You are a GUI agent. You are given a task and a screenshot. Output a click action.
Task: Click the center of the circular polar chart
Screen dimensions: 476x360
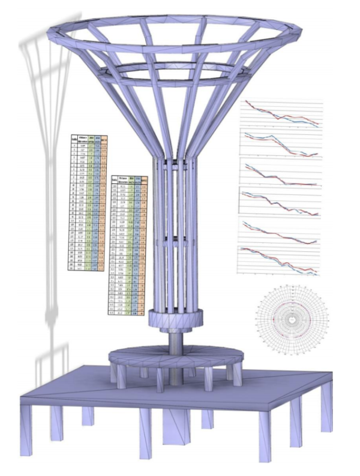[290, 320]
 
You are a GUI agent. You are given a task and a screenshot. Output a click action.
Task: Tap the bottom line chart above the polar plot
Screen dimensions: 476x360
[279, 259]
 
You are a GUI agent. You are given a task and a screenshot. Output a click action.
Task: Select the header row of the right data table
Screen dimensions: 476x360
[129, 180]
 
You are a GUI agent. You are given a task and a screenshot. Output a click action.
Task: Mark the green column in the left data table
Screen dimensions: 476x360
[91, 204]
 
